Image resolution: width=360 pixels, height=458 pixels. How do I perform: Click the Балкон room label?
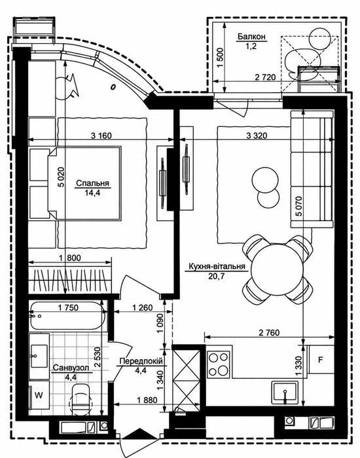point(251,37)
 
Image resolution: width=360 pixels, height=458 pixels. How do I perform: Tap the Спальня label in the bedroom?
point(93,183)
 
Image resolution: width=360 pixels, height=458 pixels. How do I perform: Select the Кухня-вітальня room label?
point(217,266)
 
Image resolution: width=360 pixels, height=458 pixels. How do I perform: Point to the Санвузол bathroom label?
point(71,368)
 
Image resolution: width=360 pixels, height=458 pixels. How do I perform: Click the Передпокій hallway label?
point(141,361)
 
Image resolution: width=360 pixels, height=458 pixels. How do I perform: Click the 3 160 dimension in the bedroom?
point(101,135)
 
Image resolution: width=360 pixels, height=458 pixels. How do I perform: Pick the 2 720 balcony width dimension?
point(265,77)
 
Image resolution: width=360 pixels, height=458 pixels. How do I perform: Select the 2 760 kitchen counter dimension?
point(269,332)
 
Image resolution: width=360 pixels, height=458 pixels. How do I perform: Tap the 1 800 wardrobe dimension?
point(70,258)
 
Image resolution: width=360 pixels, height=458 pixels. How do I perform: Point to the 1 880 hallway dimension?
point(147,400)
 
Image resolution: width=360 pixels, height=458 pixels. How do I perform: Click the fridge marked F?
point(321,360)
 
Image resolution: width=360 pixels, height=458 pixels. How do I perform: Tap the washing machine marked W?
point(39,395)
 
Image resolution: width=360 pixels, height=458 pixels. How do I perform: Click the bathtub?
point(67,316)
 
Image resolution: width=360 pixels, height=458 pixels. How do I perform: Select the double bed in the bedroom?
point(84,183)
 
